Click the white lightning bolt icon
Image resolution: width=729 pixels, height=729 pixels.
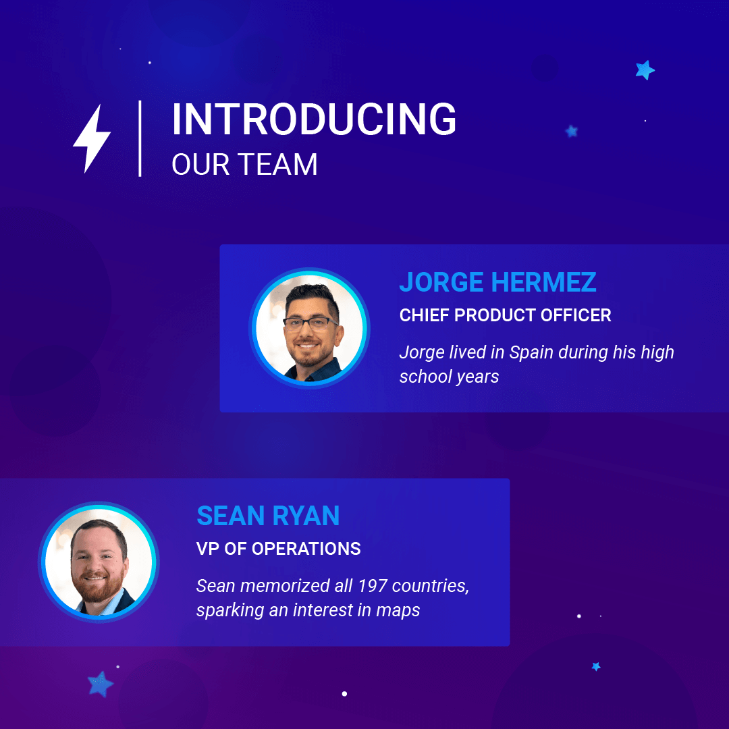point(92,138)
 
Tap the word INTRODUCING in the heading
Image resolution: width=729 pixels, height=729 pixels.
point(314,119)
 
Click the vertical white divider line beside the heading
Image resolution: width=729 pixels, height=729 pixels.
point(140,138)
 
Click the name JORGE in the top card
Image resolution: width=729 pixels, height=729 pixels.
point(441,282)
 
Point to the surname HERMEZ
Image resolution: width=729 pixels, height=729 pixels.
point(543,282)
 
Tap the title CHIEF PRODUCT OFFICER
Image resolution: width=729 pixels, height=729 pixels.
point(505,315)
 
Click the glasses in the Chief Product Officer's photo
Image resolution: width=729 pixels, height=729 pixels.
point(310,323)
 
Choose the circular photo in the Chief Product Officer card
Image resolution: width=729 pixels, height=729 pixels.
point(310,328)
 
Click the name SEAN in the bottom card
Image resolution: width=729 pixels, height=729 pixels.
point(231,516)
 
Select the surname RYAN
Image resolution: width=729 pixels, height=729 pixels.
point(306,516)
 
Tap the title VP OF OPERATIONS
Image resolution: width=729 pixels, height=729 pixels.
point(279,549)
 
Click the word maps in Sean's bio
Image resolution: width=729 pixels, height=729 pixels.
point(398,610)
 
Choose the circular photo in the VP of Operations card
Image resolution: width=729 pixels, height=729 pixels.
point(99,562)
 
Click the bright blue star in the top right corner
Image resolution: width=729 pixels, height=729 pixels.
point(645,70)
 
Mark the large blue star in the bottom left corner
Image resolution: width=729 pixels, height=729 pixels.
point(100,684)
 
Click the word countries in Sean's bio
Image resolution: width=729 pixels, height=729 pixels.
point(431,586)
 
